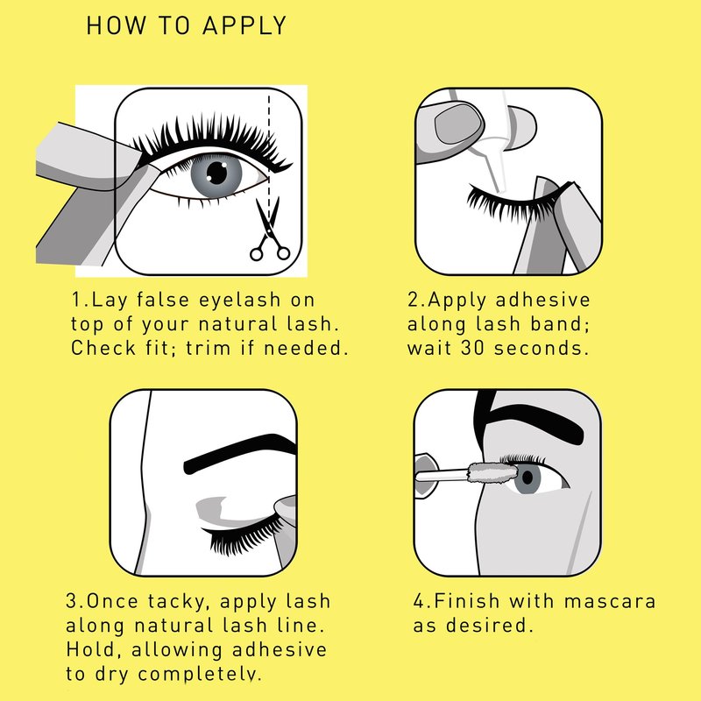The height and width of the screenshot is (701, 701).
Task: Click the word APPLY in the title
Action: [244, 25]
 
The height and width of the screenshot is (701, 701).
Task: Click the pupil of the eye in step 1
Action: [217, 173]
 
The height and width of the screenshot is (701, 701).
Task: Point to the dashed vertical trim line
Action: [269, 154]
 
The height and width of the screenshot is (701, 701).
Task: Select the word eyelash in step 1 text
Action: [240, 301]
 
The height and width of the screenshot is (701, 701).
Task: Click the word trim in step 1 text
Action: [208, 348]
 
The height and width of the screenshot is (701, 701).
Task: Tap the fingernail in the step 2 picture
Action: [458, 123]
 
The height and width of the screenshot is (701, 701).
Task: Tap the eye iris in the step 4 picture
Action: [528, 478]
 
